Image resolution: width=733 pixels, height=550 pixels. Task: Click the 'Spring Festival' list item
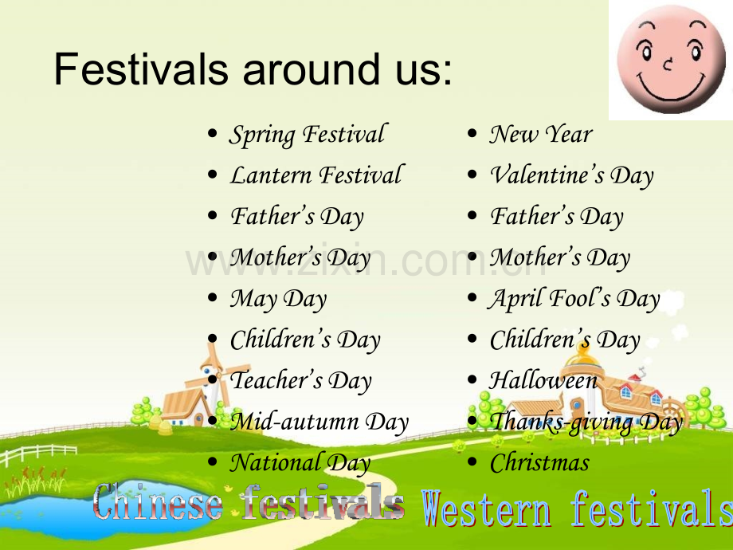point(308,135)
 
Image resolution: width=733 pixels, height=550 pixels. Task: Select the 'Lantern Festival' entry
point(316,175)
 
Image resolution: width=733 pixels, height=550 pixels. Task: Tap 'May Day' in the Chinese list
point(278,299)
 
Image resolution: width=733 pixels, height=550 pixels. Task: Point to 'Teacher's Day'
point(301,380)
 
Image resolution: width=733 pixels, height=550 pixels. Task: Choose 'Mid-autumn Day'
point(319,422)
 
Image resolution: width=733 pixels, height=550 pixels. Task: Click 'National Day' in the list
point(300,462)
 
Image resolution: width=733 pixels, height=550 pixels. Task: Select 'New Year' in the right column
point(541,134)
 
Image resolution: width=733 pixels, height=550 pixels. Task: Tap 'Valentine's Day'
point(571,176)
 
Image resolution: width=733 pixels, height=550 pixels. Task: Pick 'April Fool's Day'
point(574,299)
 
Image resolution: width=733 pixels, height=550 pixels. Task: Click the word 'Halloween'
point(543,380)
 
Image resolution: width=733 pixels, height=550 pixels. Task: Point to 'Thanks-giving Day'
point(586,422)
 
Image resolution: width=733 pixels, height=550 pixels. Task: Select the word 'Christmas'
point(539,463)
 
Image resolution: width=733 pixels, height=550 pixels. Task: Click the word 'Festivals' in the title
point(141,69)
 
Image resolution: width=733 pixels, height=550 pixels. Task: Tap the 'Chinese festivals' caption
point(249,502)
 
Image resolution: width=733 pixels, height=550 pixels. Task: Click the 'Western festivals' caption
point(578,509)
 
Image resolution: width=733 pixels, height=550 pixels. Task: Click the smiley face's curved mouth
point(672,88)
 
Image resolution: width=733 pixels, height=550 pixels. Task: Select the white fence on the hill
point(37,454)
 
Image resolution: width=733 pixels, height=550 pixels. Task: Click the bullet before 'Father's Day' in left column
point(213,215)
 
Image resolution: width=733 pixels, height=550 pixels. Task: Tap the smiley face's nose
point(668,64)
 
